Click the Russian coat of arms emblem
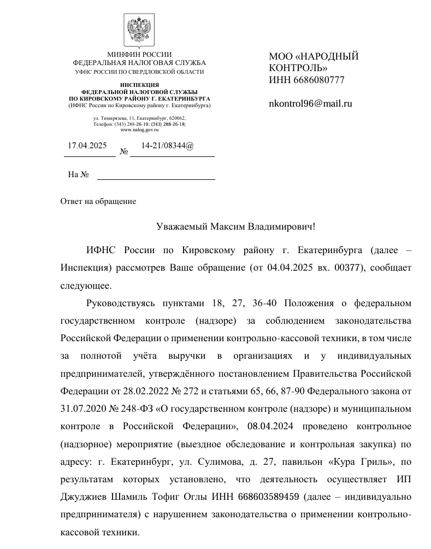140,30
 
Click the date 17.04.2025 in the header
87,146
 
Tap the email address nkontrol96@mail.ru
310,103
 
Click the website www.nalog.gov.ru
139,130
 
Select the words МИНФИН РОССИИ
139,55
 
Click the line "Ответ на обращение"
98,201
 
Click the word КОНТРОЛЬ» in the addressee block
298,68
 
